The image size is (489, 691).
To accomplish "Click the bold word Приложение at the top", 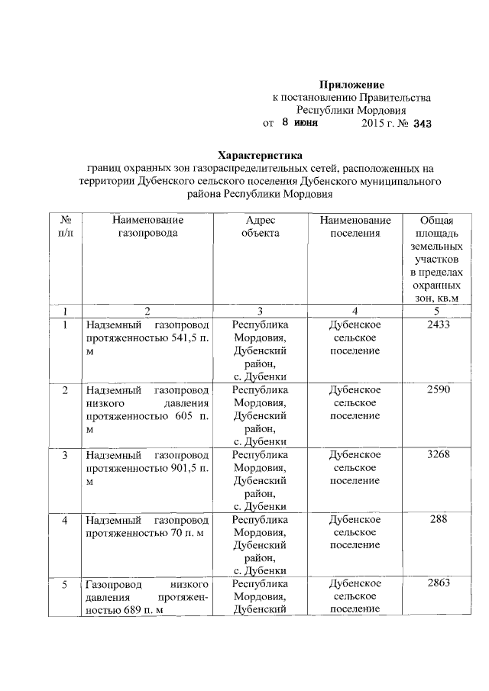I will (351, 83).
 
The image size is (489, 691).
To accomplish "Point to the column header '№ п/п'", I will (65, 226).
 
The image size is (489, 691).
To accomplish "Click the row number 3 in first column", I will (65, 455).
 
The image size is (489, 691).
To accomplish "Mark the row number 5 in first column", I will (65, 584).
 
